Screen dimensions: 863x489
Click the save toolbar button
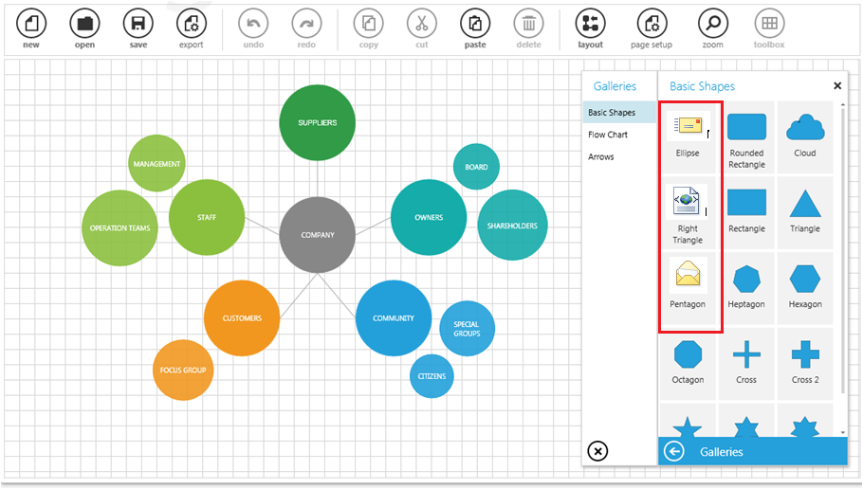(138, 24)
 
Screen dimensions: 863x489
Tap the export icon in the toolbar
(192, 24)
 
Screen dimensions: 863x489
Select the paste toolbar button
(475, 24)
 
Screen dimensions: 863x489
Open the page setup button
(652, 24)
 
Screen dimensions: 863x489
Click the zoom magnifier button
(713, 24)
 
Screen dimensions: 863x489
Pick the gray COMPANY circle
(317, 235)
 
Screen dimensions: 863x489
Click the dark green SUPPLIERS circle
(317, 122)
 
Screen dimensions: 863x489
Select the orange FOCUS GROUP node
(183, 371)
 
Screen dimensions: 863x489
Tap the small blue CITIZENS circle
(431, 376)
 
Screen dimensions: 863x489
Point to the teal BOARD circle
(476, 167)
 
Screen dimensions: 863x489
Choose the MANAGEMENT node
(156, 163)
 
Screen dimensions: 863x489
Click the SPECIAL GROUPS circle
(467, 329)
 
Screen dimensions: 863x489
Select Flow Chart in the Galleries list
(608, 135)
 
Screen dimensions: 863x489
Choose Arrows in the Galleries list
(601, 156)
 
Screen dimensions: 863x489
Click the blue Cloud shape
(805, 128)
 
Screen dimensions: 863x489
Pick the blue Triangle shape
(805, 204)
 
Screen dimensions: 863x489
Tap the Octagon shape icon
(688, 354)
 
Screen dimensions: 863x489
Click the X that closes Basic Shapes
(837, 86)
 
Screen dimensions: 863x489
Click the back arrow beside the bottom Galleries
(674, 452)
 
